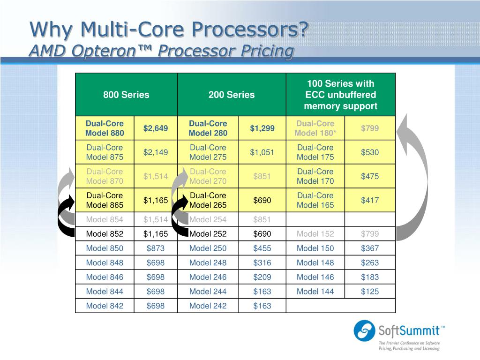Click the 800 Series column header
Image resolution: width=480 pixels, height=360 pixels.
126,95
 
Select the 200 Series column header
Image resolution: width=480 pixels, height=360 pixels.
232,95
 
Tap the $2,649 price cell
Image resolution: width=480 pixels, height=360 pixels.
156,128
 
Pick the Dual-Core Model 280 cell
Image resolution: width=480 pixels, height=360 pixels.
208,128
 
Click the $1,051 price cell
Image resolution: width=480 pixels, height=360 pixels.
262,152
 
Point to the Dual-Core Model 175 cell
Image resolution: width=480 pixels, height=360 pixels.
315,152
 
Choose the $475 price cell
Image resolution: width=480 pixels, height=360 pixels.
370,176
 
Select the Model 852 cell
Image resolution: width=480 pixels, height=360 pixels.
105,234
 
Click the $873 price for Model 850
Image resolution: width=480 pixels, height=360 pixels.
156,248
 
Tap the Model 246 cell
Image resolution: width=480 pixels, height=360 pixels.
208,277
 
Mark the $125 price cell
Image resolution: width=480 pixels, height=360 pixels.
370,292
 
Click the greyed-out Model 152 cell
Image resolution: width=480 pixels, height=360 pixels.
315,234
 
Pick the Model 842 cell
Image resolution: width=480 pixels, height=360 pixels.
105,306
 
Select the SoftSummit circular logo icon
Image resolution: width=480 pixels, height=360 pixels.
364,330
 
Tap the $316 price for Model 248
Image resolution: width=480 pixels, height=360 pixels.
262,263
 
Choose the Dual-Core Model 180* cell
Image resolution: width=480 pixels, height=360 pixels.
315,128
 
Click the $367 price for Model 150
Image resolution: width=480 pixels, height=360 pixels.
370,248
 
